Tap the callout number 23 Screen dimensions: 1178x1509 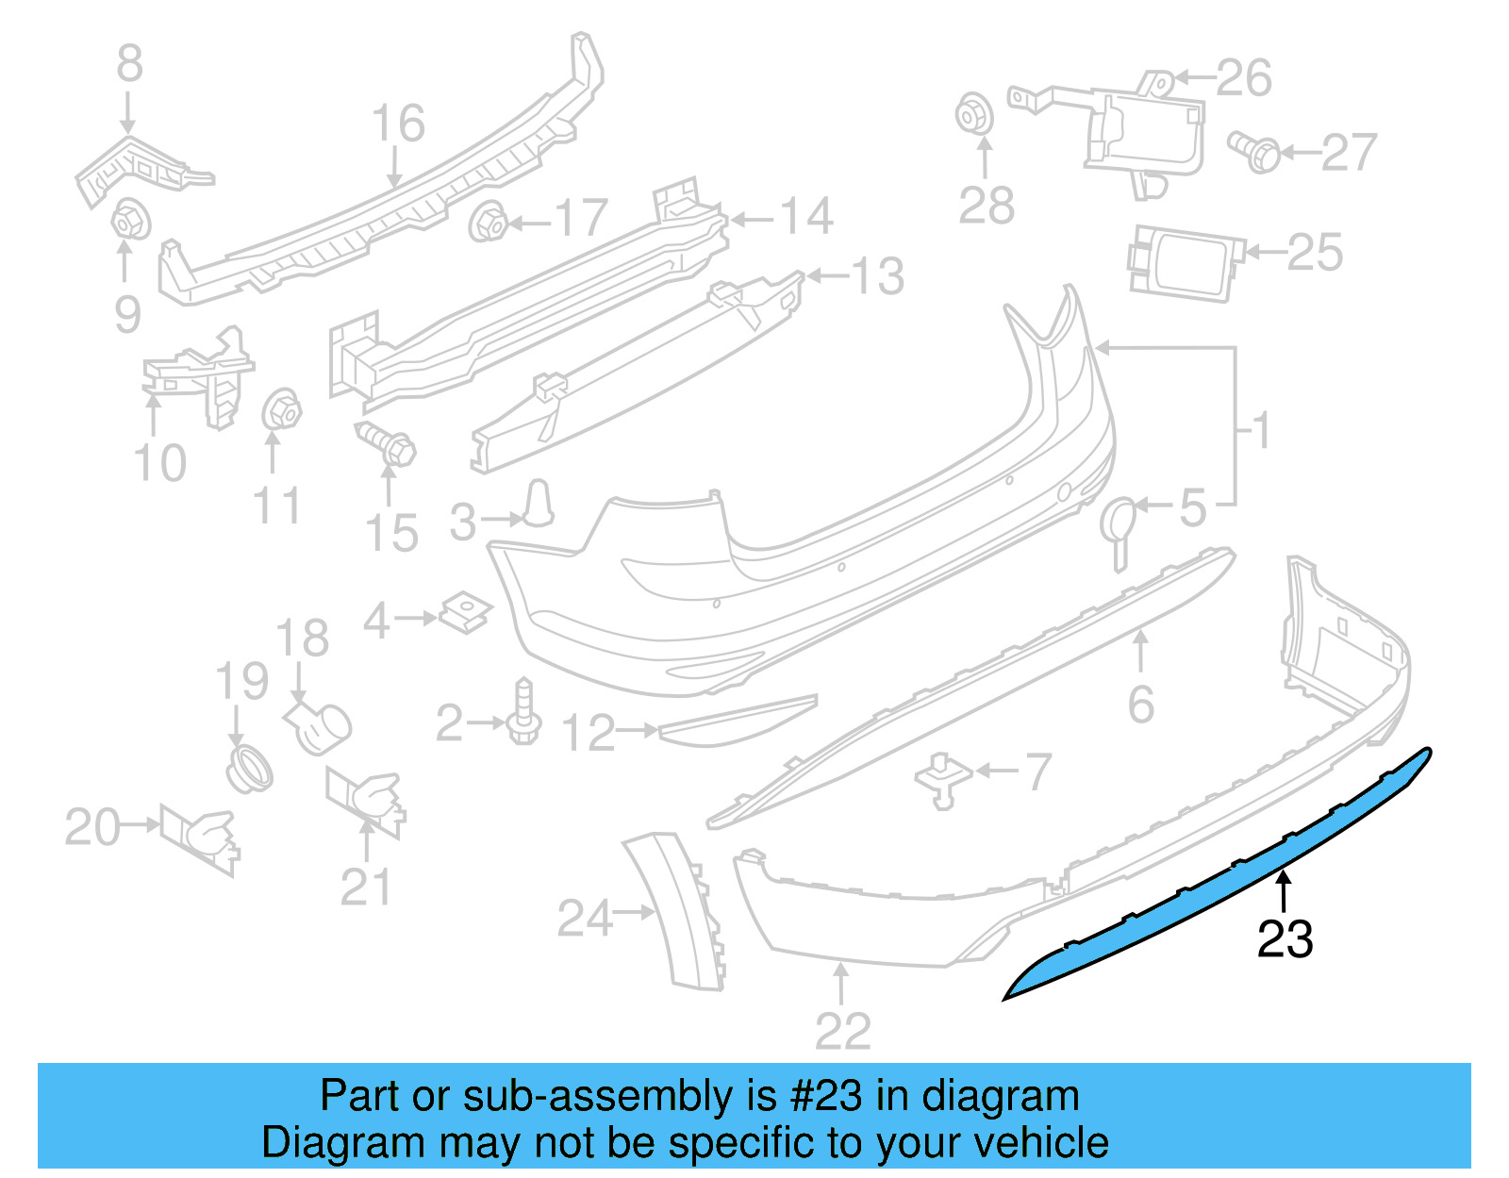(x=1285, y=939)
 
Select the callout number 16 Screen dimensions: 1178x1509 (x=398, y=124)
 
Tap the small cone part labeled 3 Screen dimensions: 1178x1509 (x=539, y=503)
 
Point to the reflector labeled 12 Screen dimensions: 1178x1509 (x=736, y=722)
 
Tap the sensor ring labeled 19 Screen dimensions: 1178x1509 (x=249, y=770)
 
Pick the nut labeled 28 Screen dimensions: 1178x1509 (x=974, y=115)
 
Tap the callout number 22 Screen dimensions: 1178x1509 (x=842, y=1032)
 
